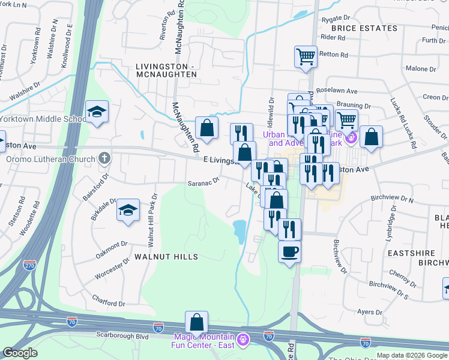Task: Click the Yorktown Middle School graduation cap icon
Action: [97, 112]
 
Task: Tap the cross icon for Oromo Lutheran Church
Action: [104, 159]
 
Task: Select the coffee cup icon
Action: [290, 250]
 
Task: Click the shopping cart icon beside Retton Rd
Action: [306, 57]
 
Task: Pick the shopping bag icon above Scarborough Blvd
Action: [196, 323]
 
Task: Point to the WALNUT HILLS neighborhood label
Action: [166, 257]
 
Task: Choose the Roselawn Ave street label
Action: [340, 92]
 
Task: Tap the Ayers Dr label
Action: [370, 312]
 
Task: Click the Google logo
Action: [20, 353]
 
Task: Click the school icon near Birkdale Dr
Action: [127, 211]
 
